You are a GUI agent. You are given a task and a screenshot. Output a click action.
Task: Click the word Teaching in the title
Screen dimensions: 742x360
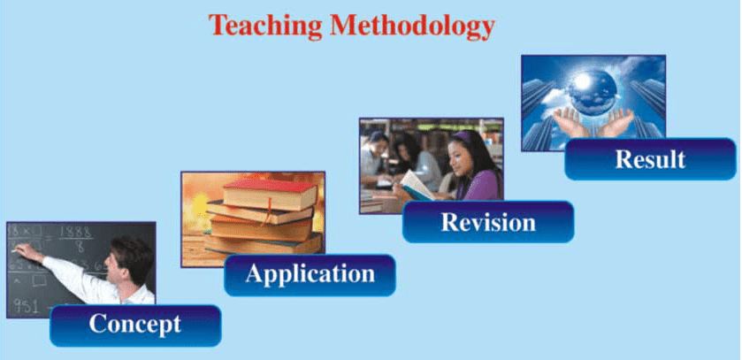265,26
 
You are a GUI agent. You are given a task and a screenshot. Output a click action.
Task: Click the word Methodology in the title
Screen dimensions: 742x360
413,26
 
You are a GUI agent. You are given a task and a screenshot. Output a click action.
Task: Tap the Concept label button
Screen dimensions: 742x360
135,325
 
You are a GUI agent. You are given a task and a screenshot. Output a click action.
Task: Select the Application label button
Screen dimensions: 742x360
310,275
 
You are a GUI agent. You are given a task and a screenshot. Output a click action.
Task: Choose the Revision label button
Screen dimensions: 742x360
488,222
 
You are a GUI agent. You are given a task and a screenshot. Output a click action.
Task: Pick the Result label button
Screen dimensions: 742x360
650,159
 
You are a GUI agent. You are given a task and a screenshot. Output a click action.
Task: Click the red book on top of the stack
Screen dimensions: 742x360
270,195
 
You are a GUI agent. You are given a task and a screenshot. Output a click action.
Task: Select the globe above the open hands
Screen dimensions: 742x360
593,93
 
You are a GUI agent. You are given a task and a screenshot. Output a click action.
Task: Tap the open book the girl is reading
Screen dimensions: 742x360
415,186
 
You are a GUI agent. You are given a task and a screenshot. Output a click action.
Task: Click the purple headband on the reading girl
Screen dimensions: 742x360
461,137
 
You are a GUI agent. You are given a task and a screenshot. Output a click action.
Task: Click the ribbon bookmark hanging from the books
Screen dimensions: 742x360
268,211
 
